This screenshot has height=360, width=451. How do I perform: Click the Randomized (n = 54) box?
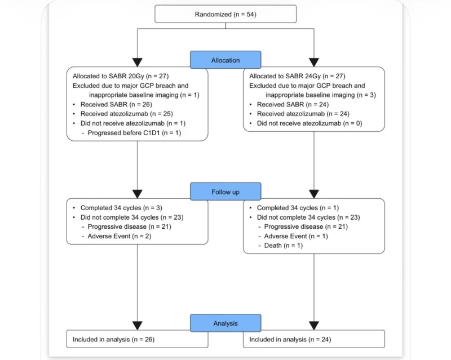pyautogui.click(x=225, y=14)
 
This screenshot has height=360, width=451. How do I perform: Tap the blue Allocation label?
pyautogui.click(x=225, y=60)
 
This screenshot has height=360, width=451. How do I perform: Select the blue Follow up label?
pyautogui.click(x=225, y=192)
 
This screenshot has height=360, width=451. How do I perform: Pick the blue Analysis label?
pyautogui.click(x=225, y=323)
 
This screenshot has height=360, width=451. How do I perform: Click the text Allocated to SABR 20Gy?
pyautogui.click(x=108, y=76)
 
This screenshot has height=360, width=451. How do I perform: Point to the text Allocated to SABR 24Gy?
pyautogui.click(x=285, y=76)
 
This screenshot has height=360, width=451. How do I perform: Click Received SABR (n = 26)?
pyautogui.click(x=116, y=104)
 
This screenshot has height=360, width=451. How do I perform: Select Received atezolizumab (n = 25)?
pyautogui.click(x=126, y=114)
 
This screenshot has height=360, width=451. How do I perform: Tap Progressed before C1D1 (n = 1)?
pyautogui.click(x=134, y=133)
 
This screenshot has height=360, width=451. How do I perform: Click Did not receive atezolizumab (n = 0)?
pyautogui.click(x=309, y=123)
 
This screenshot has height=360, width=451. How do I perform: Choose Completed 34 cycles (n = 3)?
pyautogui.click(x=121, y=208)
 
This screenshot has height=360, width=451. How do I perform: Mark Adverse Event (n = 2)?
pyautogui.click(x=120, y=236)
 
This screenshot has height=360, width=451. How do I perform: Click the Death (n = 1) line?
pyautogui.click(x=284, y=246)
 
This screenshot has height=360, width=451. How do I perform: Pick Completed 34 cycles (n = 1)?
pyautogui.click(x=298, y=208)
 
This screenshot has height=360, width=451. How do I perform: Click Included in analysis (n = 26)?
pyautogui.click(x=114, y=340)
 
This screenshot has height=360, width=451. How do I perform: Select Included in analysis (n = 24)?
pyautogui.click(x=290, y=340)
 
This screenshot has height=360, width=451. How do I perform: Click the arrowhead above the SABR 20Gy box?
pyautogui.click(x=137, y=63)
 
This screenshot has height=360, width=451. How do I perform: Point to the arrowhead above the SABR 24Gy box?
pyautogui.click(x=314, y=63)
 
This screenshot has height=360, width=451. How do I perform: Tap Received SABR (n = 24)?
pyautogui.click(x=293, y=104)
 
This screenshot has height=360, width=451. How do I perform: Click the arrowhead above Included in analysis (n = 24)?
pyautogui.click(x=314, y=326)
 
